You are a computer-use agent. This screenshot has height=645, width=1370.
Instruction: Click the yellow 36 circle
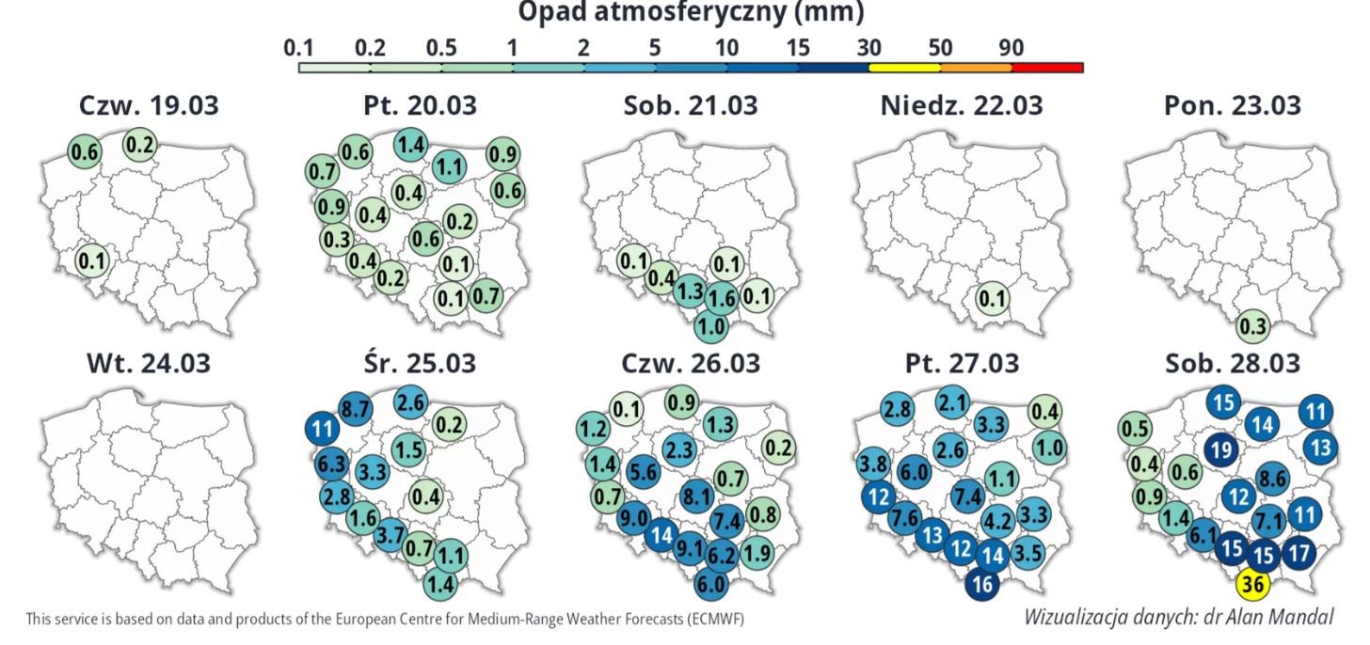1252,585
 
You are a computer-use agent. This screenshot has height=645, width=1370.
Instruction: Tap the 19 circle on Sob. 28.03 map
1221,450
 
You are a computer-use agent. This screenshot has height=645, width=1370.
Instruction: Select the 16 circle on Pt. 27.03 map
982,584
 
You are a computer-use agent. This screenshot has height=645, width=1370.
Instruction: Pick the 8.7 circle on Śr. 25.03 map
354,409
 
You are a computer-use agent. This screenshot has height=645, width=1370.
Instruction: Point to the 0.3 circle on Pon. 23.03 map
1252,326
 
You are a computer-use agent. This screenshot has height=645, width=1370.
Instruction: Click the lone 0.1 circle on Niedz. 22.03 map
992,300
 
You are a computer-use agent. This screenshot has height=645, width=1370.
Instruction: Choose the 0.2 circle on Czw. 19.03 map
140,144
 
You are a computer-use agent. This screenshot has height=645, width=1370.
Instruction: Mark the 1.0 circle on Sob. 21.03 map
711,326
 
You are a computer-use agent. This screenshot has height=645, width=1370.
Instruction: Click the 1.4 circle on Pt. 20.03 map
411,145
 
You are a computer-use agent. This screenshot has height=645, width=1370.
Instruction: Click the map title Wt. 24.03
149,362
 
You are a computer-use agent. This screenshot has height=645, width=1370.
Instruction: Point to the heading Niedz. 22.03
961,105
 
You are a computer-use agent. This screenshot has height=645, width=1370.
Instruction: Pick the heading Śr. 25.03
420,362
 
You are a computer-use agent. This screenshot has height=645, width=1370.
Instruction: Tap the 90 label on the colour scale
1012,47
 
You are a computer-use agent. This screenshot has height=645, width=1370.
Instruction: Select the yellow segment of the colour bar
903,68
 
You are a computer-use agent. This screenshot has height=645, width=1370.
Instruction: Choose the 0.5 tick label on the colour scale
441,47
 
